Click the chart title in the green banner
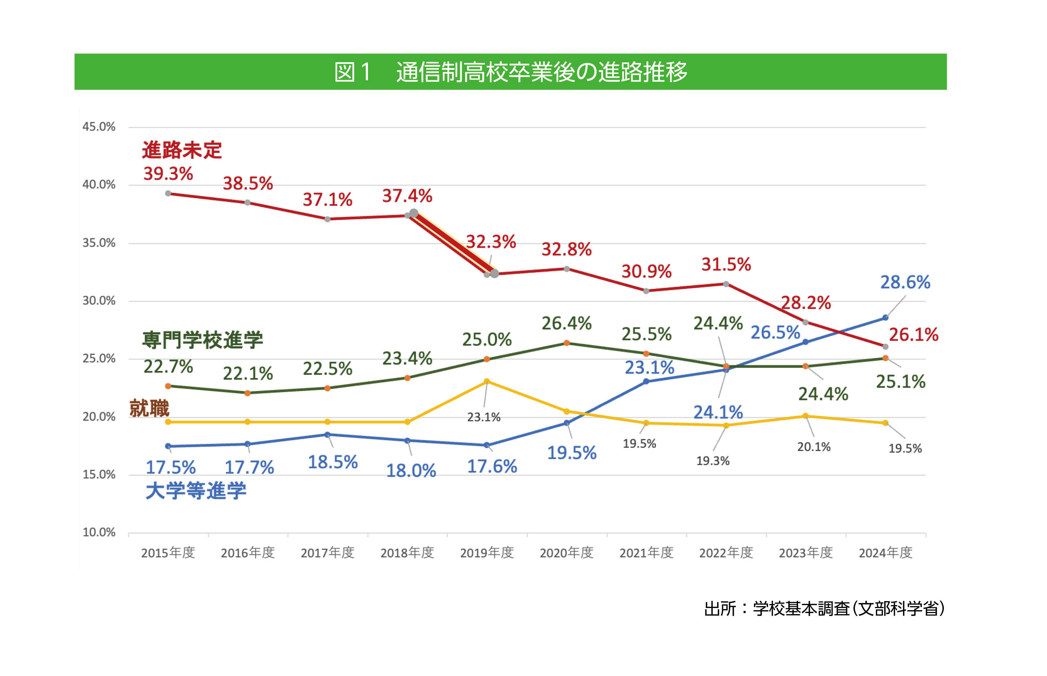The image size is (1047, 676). [x=510, y=72]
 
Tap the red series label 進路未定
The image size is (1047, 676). [x=182, y=150]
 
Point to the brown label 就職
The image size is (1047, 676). [x=149, y=408]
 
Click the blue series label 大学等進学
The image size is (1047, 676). [x=196, y=491]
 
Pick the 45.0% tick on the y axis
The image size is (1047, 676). [x=99, y=127]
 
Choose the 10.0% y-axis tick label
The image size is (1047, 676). [x=99, y=532]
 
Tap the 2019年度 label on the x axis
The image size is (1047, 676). [x=487, y=553]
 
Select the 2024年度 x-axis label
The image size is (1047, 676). [x=885, y=553]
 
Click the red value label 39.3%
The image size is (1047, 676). [x=168, y=174]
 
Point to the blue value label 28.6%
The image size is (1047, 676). [x=905, y=282]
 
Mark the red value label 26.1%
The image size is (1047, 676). [x=913, y=335]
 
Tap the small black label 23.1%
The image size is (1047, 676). [x=483, y=417]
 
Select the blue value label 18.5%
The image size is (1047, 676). [x=333, y=462]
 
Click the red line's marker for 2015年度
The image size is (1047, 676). [x=168, y=194]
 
